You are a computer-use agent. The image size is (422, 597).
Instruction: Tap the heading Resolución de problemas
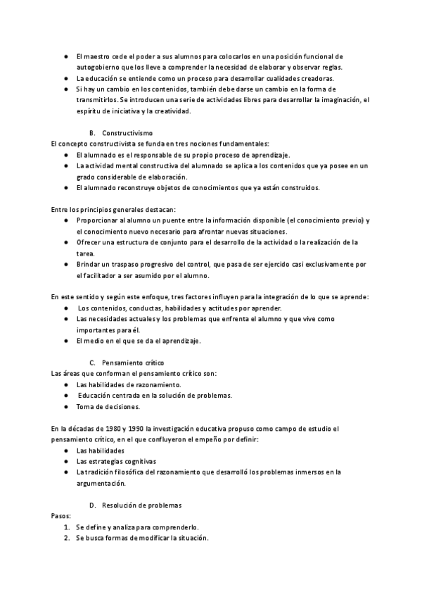(141, 505)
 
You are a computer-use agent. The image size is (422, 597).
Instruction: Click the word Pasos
(61, 515)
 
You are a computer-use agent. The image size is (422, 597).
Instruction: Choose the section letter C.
(93, 362)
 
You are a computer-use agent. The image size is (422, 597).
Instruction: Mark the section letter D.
(93, 505)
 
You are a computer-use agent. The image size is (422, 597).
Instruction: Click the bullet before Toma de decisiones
(66, 406)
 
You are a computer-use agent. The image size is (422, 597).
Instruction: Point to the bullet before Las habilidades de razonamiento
(66, 384)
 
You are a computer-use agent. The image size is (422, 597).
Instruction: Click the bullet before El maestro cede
(66, 56)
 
